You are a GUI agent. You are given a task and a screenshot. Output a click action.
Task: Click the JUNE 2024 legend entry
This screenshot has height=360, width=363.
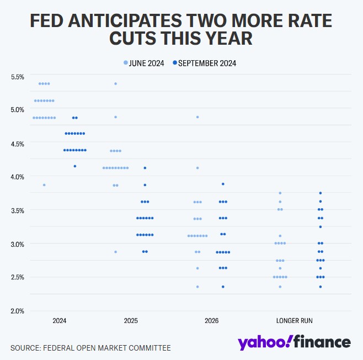click(145, 63)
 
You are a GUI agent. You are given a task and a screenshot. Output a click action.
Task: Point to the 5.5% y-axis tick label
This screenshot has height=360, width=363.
click(18, 77)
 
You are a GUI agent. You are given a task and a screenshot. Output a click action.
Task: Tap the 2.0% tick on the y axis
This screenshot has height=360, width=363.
click(18, 311)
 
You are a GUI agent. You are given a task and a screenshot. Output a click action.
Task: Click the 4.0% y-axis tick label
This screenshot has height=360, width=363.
click(18, 177)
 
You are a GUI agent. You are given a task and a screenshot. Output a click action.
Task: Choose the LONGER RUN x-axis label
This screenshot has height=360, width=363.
click(295, 321)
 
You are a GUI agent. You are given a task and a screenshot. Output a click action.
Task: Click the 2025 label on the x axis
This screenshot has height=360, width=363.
click(131, 321)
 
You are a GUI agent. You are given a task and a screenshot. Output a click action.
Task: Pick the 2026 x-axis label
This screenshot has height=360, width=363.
click(211, 321)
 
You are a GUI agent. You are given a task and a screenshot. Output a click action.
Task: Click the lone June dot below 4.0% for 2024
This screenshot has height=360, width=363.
click(44, 184)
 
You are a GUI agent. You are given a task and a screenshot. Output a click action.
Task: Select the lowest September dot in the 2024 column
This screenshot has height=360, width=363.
click(75, 166)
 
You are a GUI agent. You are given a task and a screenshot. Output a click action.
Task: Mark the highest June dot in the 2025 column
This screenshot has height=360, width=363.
click(115, 83)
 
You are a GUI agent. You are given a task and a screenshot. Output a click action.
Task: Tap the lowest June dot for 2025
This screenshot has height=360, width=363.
click(115, 252)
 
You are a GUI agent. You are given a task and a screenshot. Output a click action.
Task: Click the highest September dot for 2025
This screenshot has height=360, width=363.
click(145, 168)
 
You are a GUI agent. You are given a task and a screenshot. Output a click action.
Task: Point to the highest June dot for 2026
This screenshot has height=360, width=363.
click(197, 117)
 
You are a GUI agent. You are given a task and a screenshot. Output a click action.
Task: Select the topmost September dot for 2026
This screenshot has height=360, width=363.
click(223, 184)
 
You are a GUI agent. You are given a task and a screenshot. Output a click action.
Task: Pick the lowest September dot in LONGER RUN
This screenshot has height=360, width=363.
click(321, 287)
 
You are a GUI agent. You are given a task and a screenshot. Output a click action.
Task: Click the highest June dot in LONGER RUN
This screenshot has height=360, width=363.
click(280, 193)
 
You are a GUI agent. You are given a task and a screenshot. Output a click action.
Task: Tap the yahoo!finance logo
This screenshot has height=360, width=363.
click(294, 342)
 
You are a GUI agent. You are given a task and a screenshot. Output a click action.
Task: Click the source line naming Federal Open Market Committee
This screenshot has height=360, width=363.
click(90, 348)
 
